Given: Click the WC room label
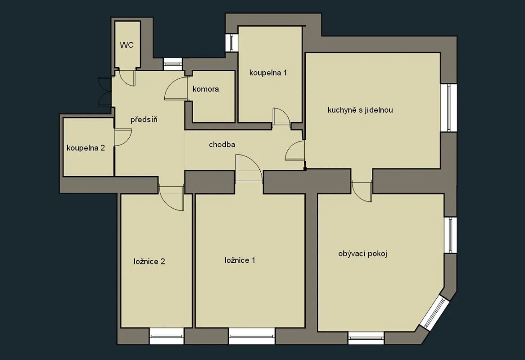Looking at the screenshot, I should [127, 45].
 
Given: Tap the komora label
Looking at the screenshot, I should [205, 89].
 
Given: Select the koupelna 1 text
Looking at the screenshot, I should [268, 73].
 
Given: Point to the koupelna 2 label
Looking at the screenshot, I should [86, 148].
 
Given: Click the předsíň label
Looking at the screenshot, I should [144, 120].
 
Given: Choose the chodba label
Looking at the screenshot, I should [222, 145].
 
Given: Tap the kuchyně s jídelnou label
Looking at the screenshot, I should [360, 109].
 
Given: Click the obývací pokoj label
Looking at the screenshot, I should [363, 254].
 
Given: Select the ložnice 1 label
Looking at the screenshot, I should [240, 260].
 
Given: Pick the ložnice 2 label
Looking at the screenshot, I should [149, 261].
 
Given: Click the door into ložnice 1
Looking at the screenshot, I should [249, 169].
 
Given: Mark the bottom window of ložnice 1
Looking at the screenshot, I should [252, 335].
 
